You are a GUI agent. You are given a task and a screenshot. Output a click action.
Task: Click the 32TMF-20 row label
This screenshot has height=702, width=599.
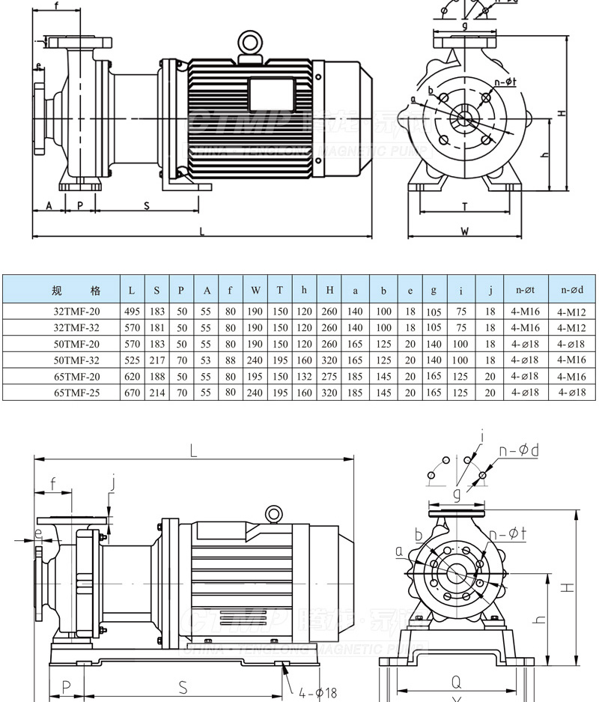[x=76, y=310]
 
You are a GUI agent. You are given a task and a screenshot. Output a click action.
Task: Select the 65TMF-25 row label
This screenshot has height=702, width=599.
[x=76, y=392]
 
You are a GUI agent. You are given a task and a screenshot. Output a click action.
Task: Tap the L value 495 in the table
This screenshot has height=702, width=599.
[x=133, y=310]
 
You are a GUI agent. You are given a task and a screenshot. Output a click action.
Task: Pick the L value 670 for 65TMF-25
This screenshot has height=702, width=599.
[x=133, y=392]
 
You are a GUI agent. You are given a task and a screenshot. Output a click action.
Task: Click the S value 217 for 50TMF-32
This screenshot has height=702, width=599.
[x=156, y=360]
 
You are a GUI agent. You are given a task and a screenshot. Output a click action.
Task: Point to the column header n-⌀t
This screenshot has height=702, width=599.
[x=526, y=290]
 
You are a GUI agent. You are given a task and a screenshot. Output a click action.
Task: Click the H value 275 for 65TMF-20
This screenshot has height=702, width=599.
[x=329, y=376]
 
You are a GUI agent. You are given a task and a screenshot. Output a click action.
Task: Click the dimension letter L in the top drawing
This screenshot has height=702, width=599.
[x=201, y=232]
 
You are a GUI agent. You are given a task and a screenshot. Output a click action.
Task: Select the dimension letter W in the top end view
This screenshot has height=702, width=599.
[x=464, y=232]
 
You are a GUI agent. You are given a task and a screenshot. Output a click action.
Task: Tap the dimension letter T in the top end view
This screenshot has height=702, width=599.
[x=464, y=205]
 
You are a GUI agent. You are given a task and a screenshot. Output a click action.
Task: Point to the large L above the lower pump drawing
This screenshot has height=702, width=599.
[x=193, y=452]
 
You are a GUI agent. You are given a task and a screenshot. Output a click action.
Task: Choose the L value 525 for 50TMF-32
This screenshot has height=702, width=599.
[x=133, y=360]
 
